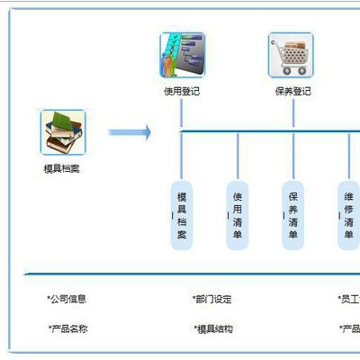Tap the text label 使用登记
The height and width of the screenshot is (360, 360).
pyautogui.click(x=183, y=91)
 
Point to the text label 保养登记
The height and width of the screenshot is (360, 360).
pyautogui.click(x=292, y=91)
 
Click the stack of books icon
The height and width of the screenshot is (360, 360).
pyautogui.click(x=62, y=132)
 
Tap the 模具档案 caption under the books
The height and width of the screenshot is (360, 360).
pyautogui.click(x=62, y=168)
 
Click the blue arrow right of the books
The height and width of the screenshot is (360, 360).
pyautogui.click(x=129, y=132)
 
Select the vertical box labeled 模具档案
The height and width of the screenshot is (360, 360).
pyautogui.click(x=182, y=215)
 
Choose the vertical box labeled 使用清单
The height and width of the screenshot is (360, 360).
pyautogui.click(x=238, y=215)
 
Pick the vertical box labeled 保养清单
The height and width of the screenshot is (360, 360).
pyautogui.click(x=292, y=215)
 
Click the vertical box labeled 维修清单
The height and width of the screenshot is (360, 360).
pyautogui.click(x=348, y=215)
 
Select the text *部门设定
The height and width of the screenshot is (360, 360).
pyautogui.click(x=212, y=299)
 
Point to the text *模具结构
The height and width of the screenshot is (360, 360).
pyautogui.click(x=212, y=328)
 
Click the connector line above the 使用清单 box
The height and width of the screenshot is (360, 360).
pyautogui.click(x=238, y=155)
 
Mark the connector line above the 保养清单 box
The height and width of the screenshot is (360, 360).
pyautogui.click(x=292, y=155)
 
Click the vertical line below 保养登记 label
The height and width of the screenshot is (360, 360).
pyautogui.click(x=292, y=112)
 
